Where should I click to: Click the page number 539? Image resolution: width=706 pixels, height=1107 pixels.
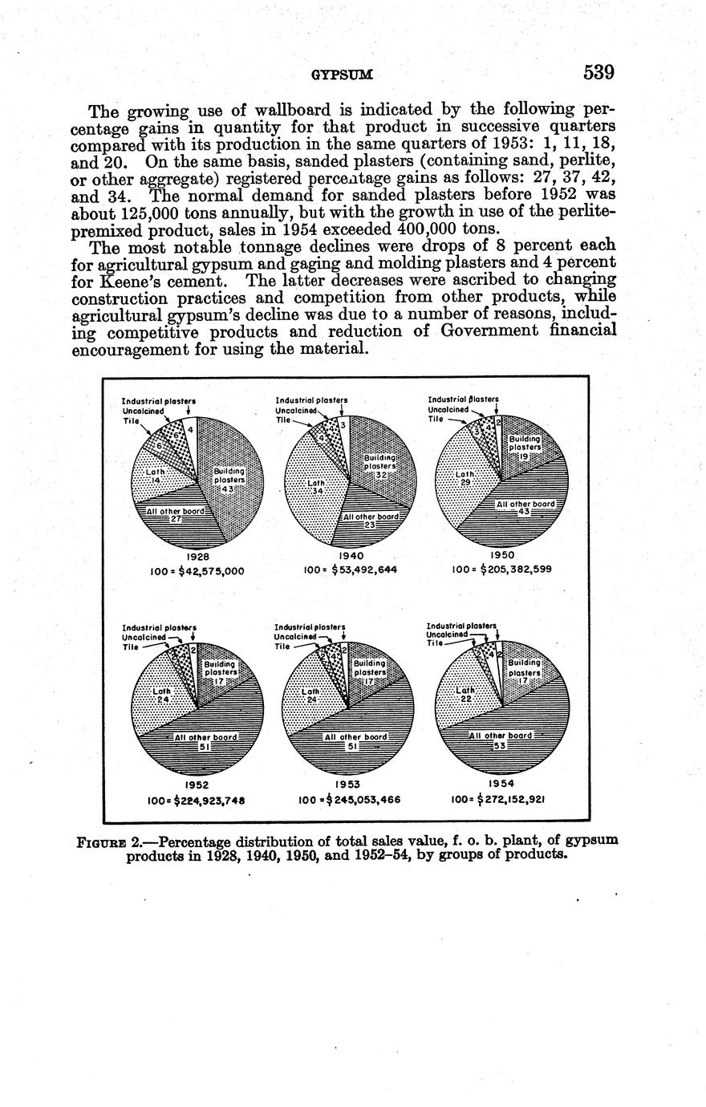[x=598, y=73]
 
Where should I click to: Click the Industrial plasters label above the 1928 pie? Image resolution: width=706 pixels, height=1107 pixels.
[x=158, y=401]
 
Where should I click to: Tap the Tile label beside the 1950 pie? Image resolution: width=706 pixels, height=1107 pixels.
[x=436, y=419]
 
